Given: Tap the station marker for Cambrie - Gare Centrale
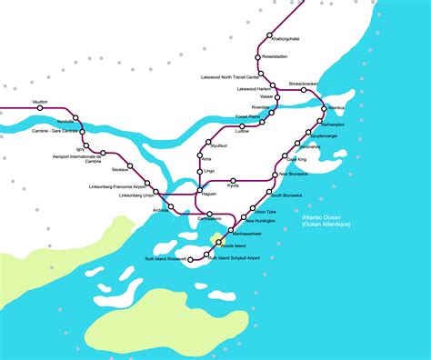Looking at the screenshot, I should point(78,130).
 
